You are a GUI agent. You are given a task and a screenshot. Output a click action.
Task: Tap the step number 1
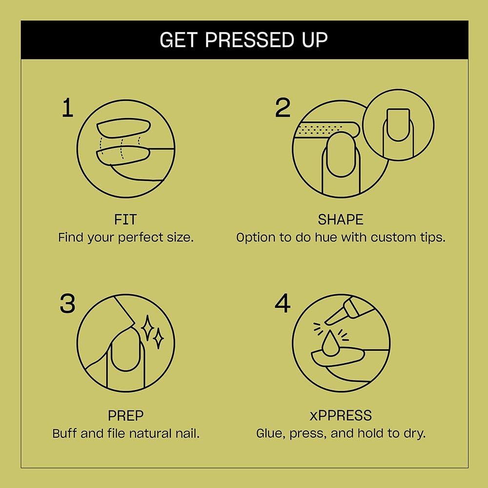tap(67, 108)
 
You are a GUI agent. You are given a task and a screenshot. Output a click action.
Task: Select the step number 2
tap(283, 108)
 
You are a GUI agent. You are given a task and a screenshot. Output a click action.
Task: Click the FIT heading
tap(125, 219)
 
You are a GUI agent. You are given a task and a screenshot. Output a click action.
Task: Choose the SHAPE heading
tap(341, 219)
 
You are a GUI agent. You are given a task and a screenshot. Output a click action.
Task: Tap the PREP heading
tap(125, 416)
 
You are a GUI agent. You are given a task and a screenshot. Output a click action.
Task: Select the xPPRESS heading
tap(341, 416)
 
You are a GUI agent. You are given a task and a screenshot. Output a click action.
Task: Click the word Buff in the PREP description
tap(64, 433)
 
